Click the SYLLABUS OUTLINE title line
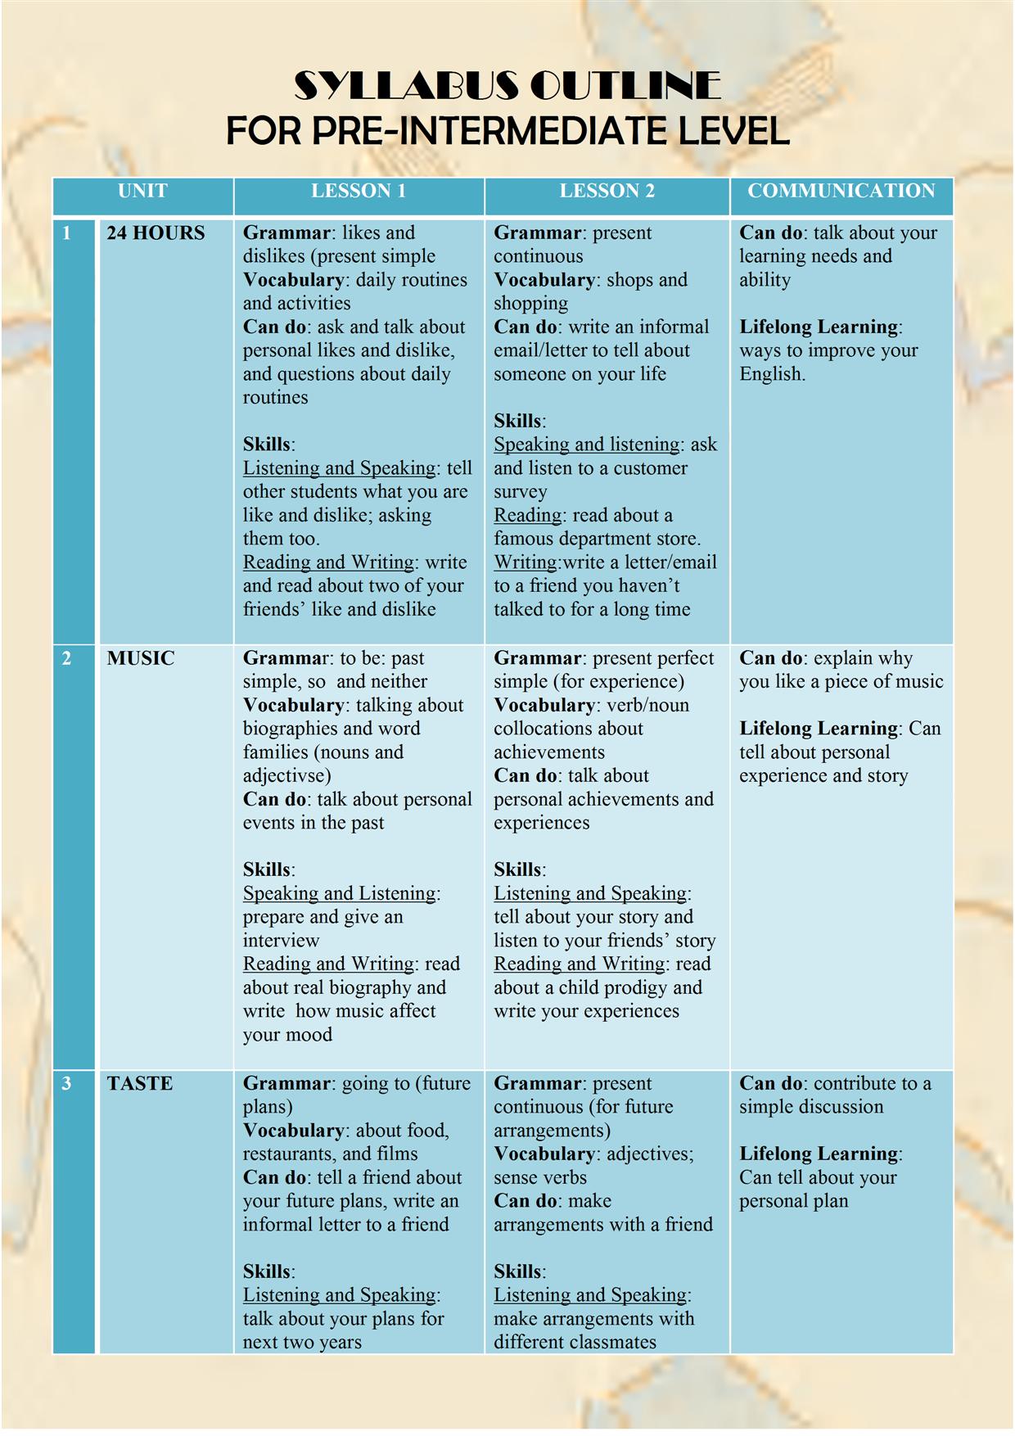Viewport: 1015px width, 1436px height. point(507,86)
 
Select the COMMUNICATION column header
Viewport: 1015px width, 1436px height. point(841,191)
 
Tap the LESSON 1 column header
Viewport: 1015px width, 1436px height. point(358,191)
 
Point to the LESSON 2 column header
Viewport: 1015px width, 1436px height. point(607,191)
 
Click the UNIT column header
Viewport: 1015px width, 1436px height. point(142,191)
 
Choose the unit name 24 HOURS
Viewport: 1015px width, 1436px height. point(156,233)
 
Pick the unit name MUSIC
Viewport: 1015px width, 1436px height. point(140,658)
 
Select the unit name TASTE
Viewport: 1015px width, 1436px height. point(139,1083)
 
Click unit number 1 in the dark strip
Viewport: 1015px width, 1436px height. point(67,233)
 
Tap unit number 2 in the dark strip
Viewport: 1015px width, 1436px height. point(67,658)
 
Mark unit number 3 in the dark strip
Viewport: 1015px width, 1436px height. point(67,1083)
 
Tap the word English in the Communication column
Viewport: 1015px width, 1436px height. point(772,374)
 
